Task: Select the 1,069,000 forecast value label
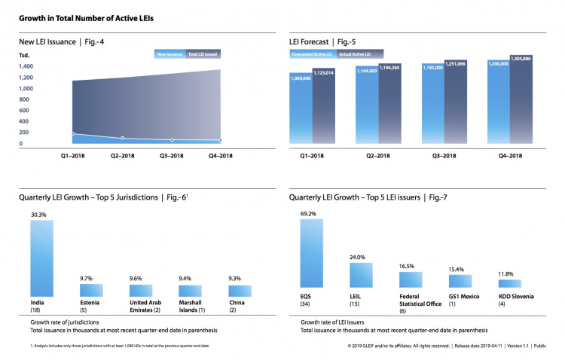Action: pos(301,77)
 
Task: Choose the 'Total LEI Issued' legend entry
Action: pos(203,53)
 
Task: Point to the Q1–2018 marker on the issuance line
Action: pos(73,133)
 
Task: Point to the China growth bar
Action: pos(240,290)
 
